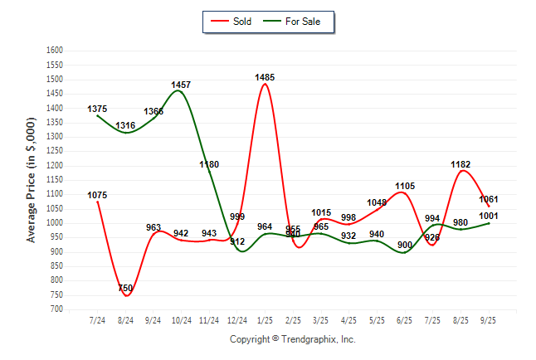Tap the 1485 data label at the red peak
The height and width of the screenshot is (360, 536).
point(266,77)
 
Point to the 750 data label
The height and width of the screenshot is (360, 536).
point(126,288)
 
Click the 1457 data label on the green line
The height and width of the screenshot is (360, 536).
point(181,85)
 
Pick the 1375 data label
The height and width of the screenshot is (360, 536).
point(97,109)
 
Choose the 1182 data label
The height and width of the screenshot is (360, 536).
point(460,164)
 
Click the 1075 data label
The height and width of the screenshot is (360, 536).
point(97,195)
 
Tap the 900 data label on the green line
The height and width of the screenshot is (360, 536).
point(405,245)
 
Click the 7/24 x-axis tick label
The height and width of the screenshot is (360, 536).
point(97,319)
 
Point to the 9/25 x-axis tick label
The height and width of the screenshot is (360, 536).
point(489,319)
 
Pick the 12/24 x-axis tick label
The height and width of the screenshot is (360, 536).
point(237,319)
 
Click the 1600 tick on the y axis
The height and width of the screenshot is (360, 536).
point(55,50)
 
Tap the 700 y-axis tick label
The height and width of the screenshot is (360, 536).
point(56,309)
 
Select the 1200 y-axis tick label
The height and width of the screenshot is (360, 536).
point(55,165)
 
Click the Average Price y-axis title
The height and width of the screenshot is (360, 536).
point(32,179)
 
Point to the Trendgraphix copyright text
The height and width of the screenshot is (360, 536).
point(292,339)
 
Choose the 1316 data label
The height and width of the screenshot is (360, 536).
point(126,125)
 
